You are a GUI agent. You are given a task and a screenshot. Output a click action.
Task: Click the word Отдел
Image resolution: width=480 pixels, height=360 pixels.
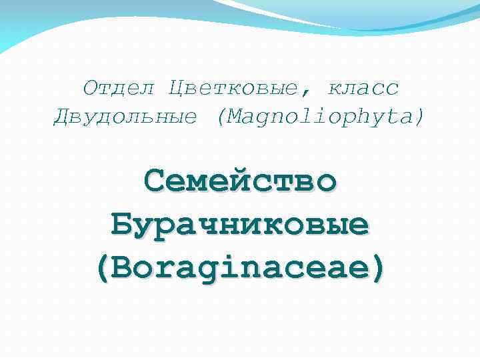(x=119, y=87)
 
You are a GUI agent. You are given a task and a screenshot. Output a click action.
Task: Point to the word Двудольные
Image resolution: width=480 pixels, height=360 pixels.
(x=125, y=117)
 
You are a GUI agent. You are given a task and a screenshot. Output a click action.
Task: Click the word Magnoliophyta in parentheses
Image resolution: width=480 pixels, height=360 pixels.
(x=320, y=117)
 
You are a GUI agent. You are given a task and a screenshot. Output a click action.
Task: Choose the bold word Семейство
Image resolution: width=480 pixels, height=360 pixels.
(x=240, y=181)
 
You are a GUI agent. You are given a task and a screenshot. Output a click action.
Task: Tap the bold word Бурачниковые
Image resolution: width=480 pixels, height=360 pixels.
(x=240, y=225)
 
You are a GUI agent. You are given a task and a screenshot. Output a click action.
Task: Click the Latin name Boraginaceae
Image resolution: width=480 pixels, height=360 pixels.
(x=240, y=268)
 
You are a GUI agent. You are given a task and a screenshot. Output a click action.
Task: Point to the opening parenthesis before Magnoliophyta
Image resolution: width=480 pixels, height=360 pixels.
(x=221, y=118)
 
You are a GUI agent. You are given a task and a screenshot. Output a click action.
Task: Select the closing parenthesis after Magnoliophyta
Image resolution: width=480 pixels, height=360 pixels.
(x=419, y=118)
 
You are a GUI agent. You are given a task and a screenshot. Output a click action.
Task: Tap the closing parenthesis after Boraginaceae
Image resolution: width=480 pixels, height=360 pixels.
(x=378, y=269)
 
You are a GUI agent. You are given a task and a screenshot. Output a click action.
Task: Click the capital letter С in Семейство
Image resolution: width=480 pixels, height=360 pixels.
(x=154, y=181)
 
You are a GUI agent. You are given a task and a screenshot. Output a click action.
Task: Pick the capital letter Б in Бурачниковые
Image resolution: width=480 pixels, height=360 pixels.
(x=122, y=225)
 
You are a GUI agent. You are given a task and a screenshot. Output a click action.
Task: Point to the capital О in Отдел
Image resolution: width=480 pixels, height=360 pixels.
(x=91, y=87)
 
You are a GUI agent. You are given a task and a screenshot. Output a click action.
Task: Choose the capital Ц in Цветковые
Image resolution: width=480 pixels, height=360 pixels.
(x=177, y=87)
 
